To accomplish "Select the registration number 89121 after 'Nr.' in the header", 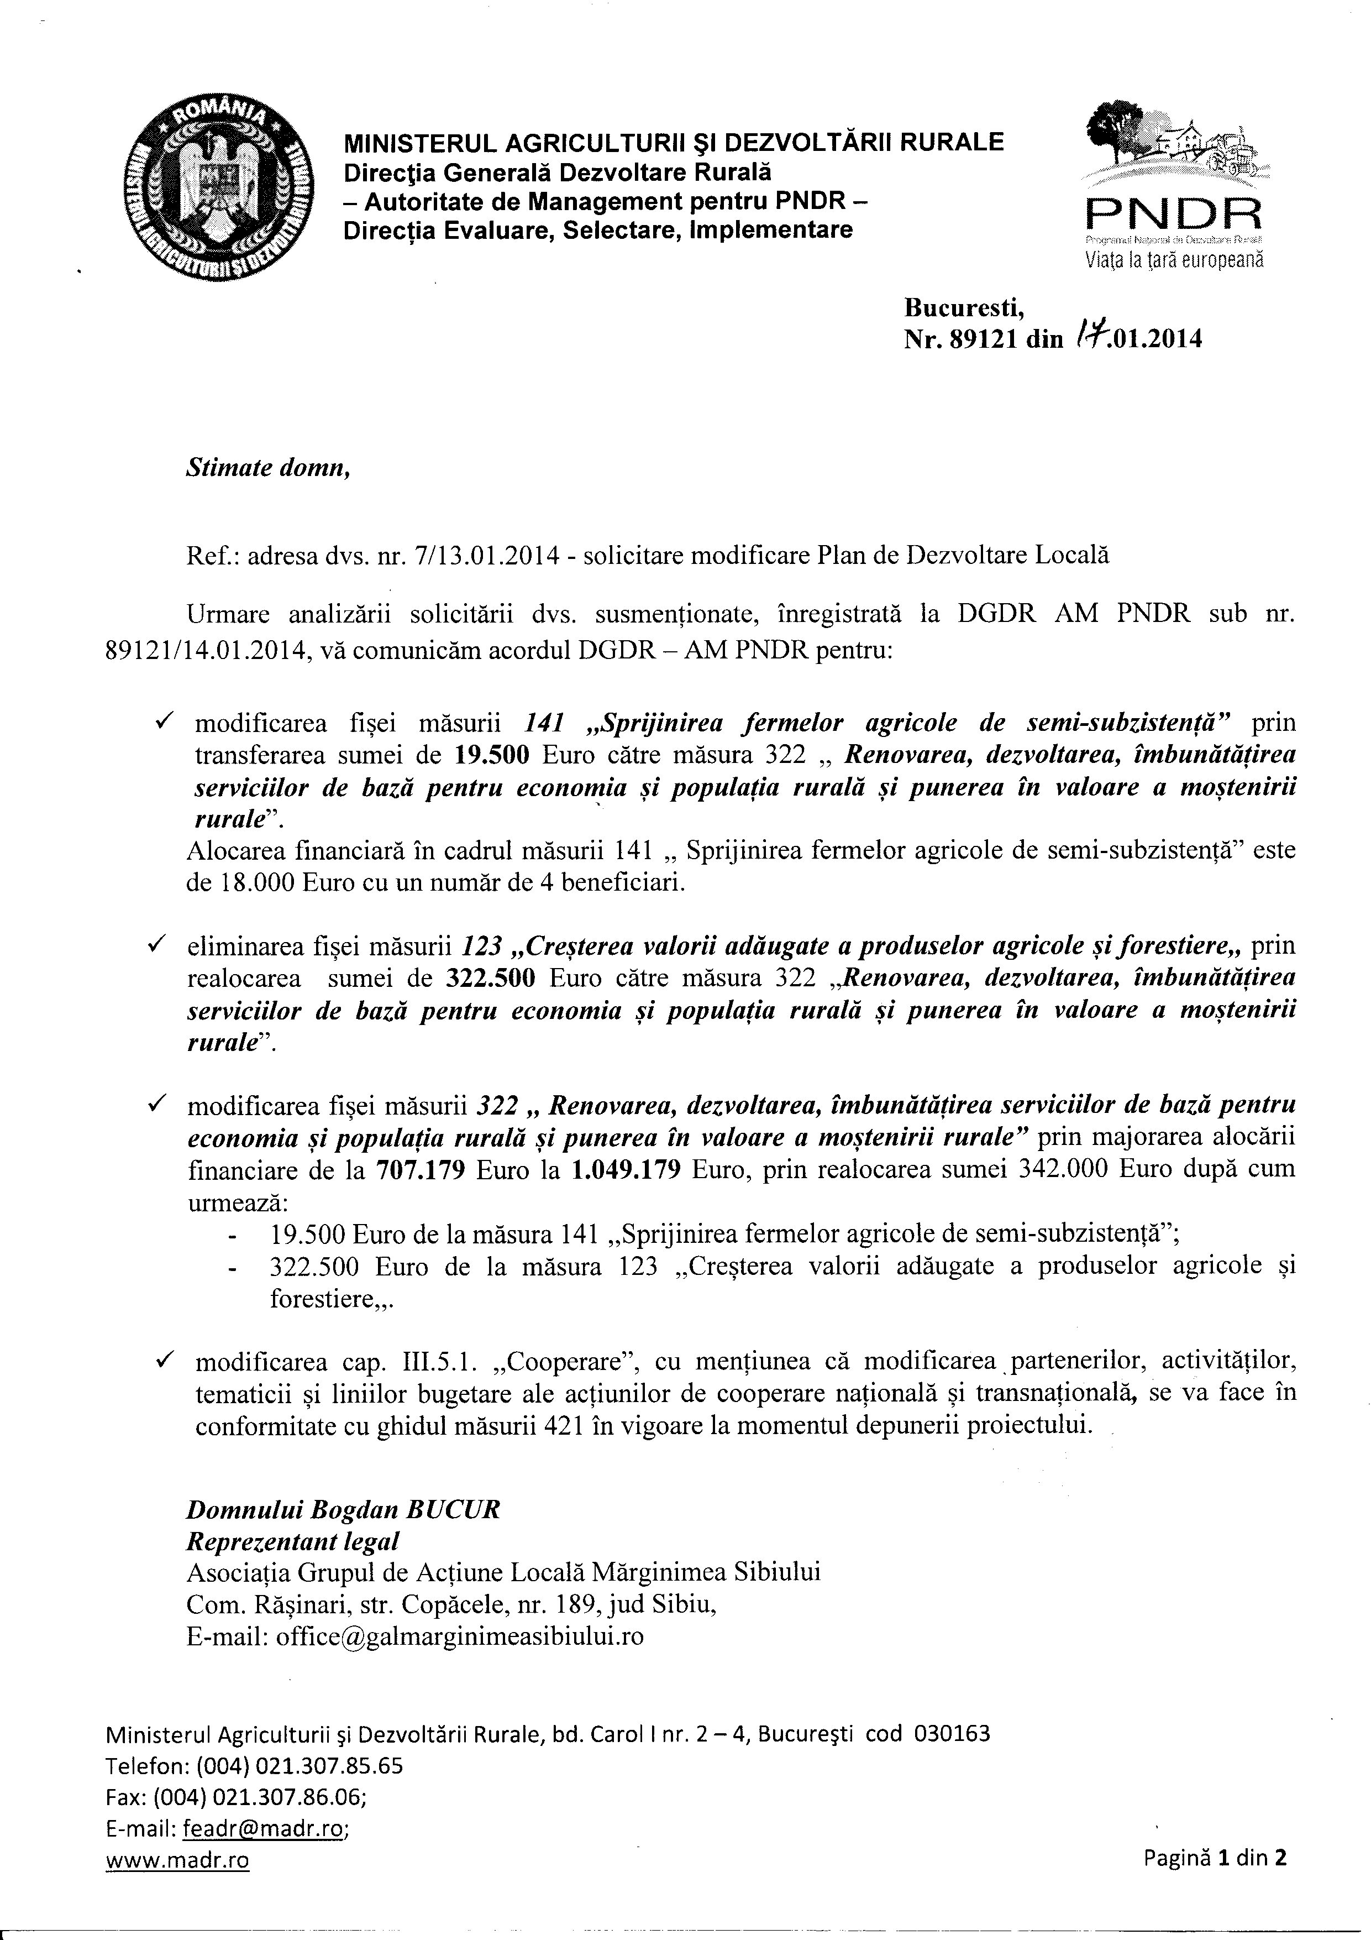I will [x=970, y=339].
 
